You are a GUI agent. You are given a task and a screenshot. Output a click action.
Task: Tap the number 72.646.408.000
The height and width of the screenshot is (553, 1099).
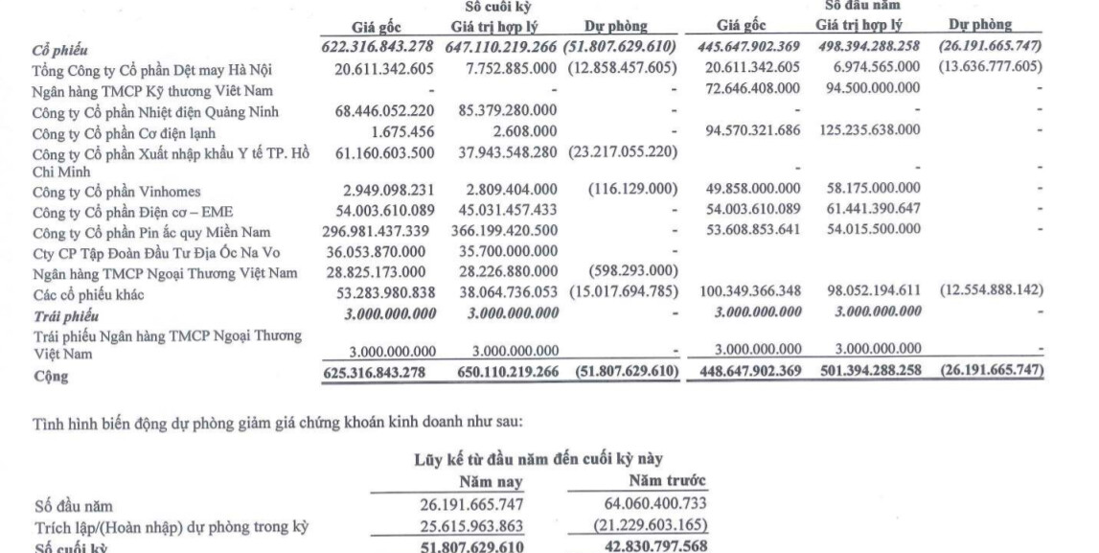[x=753, y=89]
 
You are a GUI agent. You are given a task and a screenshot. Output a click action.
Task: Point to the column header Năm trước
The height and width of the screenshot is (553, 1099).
[x=668, y=481]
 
